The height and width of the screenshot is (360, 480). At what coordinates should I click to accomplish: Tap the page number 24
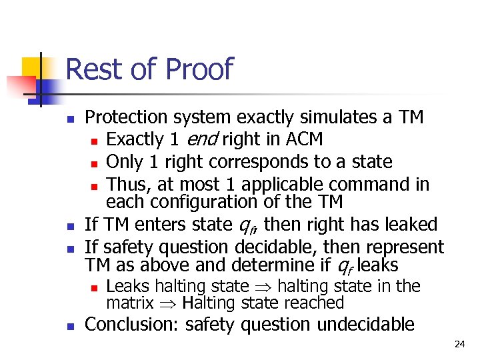[x=459, y=345]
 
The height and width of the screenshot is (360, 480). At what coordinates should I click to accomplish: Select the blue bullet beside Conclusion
[x=71, y=326]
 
